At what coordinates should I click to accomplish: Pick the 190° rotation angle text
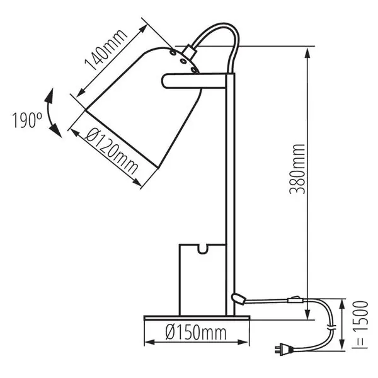click(x=26, y=119)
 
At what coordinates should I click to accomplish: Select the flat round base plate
click(x=186, y=318)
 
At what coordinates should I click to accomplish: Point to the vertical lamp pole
click(x=230, y=189)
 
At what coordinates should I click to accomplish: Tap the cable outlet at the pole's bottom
click(x=238, y=297)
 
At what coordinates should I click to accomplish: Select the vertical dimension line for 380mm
click(x=308, y=170)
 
